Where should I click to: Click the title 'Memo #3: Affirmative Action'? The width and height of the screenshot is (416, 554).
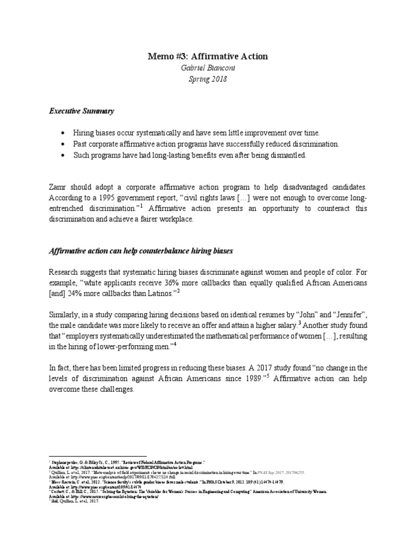208,56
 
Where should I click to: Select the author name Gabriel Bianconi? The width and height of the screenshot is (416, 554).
208,68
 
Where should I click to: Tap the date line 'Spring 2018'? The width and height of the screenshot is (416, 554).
208,79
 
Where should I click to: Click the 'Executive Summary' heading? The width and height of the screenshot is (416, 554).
82,111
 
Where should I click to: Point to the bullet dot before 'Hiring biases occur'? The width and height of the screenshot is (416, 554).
63,133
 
